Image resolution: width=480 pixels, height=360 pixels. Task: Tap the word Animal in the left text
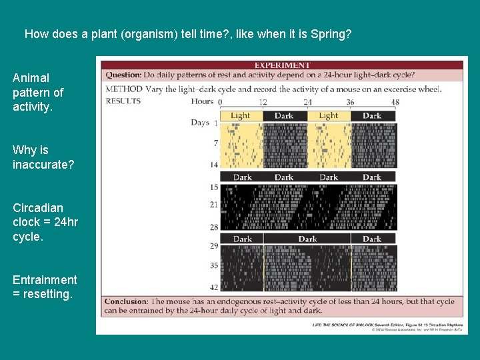click(31, 78)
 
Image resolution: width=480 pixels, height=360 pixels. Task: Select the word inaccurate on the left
click(43, 164)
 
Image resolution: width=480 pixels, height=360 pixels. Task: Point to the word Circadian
click(38, 207)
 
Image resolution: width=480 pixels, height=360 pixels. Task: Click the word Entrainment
click(45, 279)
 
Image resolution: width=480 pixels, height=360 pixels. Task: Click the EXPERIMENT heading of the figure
click(282, 65)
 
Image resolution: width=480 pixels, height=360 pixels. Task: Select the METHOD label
click(124, 89)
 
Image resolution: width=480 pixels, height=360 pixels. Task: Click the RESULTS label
click(123, 101)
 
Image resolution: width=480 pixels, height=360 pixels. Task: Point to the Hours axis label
click(202, 102)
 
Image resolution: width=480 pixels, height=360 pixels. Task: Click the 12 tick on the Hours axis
click(263, 102)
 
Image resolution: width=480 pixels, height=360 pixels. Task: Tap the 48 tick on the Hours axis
click(395, 102)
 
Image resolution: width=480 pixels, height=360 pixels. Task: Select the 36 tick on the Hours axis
click(351, 102)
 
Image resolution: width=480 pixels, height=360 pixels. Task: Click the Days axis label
click(199, 123)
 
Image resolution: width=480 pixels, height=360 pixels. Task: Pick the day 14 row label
click(213, 164)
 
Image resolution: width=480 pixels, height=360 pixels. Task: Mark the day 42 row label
click(213, 287)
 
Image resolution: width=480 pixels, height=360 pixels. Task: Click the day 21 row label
click(213, 204)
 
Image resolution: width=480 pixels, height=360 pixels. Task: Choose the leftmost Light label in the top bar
click(240, 115)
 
